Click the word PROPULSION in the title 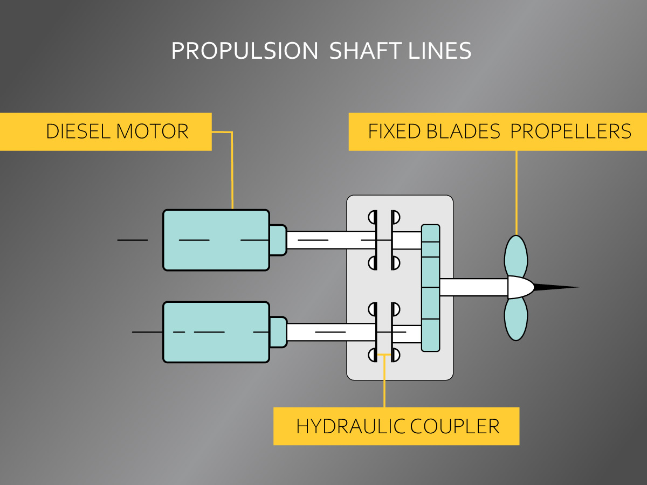[x=245, y=51]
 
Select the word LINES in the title [x=440, y=51]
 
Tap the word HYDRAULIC [x=350, y=426]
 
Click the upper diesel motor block [x=216, y=240]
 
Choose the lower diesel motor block [x=216, y=332]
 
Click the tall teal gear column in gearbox [x=430, y=288]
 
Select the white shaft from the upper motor [x=329, y=240]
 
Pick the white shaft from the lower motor [x=329, y=332]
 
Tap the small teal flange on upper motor [x=278, y=240]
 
